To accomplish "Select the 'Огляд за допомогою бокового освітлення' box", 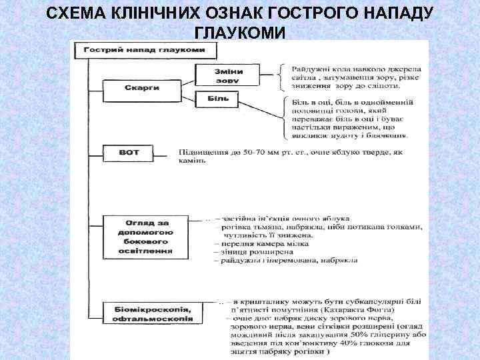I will point(149,236).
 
